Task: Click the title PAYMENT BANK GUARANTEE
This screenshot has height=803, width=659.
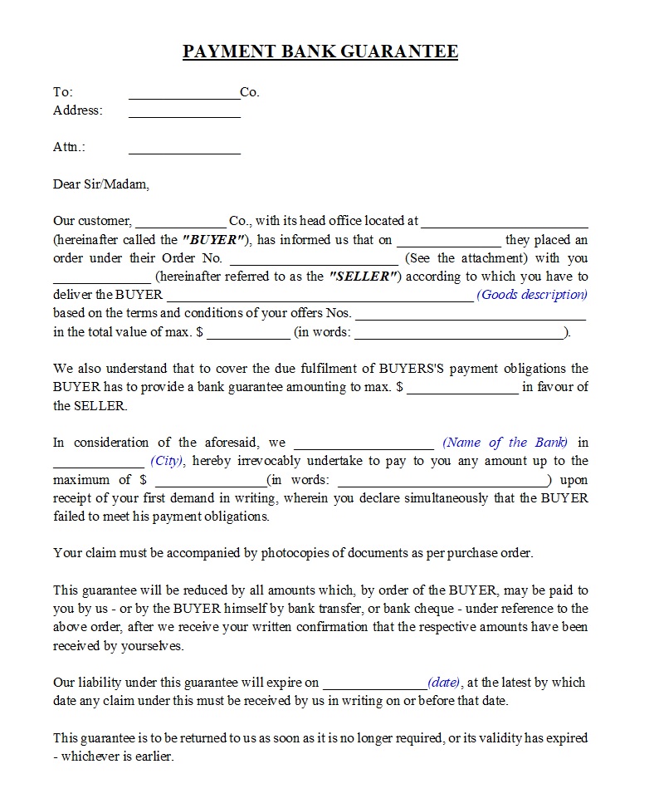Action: pos(320,51)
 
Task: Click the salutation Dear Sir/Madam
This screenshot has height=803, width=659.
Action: pos(101,184)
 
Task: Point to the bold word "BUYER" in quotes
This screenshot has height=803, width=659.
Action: pos(212,240)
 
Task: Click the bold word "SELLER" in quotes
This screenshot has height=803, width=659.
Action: pos(365,277)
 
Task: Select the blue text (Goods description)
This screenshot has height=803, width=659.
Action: pos(532,295)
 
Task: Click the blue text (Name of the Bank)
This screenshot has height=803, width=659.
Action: pos(505,443)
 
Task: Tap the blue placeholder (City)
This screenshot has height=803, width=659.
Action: pos(167,461)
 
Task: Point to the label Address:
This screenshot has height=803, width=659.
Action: pos(78,110)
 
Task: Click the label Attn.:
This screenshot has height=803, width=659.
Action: pos(70,147)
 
